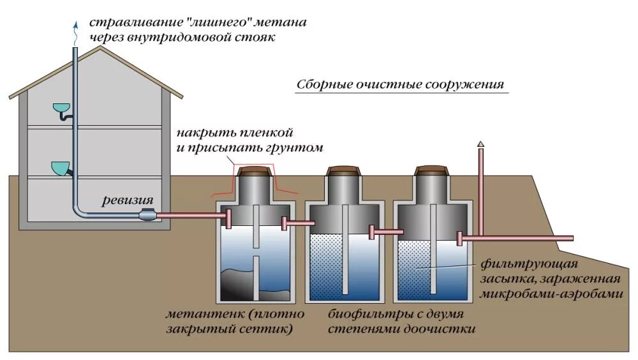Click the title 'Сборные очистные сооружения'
(x=401, y=86)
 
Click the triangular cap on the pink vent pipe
(x=480, y=145)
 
